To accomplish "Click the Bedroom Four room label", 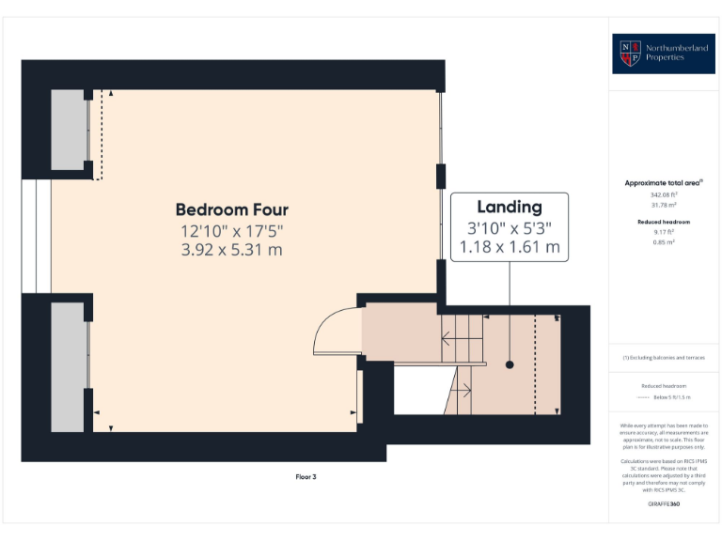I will click(231, 209).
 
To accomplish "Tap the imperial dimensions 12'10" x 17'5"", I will click(231, 230).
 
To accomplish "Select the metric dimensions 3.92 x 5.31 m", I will click(231, 250).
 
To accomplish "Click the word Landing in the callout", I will click(510, 208).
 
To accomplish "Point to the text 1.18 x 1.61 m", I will click(510, 248).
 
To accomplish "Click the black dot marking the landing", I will click(510, 364).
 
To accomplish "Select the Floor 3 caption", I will click(306, 477).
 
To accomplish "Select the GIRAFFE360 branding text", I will click(664, 504).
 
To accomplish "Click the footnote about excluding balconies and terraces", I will click(664, 358).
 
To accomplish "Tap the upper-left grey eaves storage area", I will click(67, 131).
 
